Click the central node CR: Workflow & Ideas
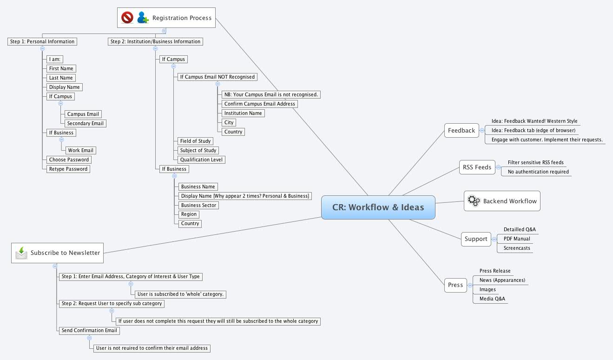pyautogui.click(x=378, y=207)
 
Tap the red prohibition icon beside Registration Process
pyautogui.click(x=127, y=18)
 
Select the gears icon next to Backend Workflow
pyautogui.click(x=474, y=201)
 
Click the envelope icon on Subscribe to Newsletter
pyautogui.click(x=21, y=253)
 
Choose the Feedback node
pyautogui.click(x=461, y=130)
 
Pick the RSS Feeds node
pyautogui.click(x=477, y=167)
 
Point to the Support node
pyautogui.click(x=476, y=239)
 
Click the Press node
pyautogui.click(x=455, y=285)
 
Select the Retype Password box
pyautogui.click(x=68, y=169)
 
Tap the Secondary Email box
pyautogui.click(x=85, y=123)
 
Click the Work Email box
pyautogui.click(x=80, y=150)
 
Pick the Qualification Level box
pyautogui.click(x=201, y=160)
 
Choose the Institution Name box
pyautogui.click(x=243, y=113)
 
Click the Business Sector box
pyautogui.click(x=199, y=205)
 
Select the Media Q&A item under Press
pyautogui.click(x=492, y=299)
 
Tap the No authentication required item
pyautogui.click(x=538, y=172)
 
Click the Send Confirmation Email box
pyautogui.click(x=89, y=330)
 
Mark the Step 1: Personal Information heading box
pyautogui.click(x=42, y=41)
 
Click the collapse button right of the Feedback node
pyautogui.click(x=482, y=131)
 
